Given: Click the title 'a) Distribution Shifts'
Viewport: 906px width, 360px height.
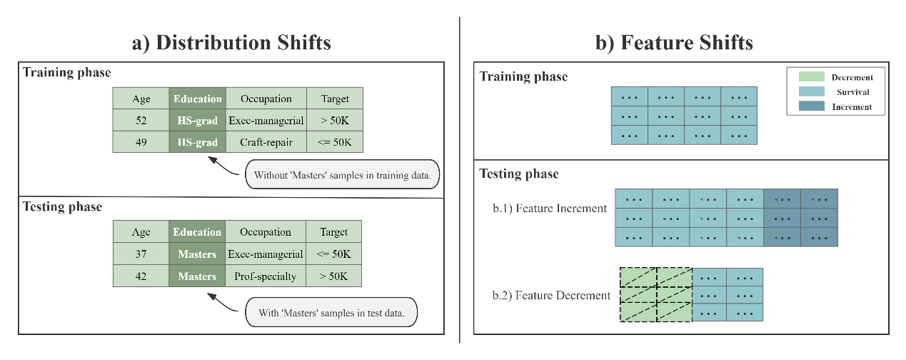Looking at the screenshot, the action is tap(231, 42).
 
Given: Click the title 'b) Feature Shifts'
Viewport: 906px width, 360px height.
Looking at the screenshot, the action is tap(674, 42).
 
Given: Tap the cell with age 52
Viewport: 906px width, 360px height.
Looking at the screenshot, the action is tap(141, 120).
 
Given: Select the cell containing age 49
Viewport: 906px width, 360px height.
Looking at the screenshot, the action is tap(141, 142).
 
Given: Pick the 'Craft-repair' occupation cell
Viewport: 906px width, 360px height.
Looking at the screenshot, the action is tap(266, 142).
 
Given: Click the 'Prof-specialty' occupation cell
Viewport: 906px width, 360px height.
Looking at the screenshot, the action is tap(266, 276).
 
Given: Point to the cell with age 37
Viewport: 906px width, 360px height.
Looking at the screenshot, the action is tap(141, 254).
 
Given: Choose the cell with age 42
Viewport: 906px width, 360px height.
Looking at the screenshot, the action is tap(141, 276).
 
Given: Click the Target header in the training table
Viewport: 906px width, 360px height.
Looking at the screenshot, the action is tap(335, 99).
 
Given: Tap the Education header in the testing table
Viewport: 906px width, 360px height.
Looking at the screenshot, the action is tap(197, 231).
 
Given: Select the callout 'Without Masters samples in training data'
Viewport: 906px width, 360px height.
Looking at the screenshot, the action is tap(342, 174).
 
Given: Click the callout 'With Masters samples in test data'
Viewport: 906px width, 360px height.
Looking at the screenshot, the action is tap(331, 312).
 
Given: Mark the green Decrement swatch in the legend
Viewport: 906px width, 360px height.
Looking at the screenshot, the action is tap(811, 76).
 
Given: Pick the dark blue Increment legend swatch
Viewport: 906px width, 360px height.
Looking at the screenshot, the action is tap(811, 106).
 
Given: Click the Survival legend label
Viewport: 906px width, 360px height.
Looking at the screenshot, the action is tap(852, 92).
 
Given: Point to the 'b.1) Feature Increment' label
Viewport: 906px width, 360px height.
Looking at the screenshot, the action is tap(550, 209).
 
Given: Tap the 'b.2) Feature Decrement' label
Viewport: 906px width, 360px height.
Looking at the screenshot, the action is tap(551, 295).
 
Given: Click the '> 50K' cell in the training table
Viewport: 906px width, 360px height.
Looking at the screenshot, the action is tap(335, 120).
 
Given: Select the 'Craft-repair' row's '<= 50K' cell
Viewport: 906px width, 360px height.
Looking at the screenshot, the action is tap(335, 142).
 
